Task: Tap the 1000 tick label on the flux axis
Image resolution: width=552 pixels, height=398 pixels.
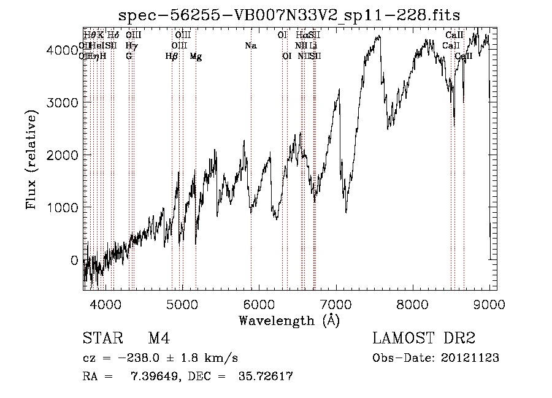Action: coord(63,207)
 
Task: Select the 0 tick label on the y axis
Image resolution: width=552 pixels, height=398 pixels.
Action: coord(74,260)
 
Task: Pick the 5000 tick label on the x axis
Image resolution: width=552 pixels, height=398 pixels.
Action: coord(182,303)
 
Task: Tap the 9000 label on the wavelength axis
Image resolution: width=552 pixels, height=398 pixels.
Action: coord(489,303)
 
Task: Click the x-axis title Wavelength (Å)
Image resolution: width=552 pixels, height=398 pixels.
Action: coord(289,320)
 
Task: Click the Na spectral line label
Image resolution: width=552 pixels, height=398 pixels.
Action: coord(250,45)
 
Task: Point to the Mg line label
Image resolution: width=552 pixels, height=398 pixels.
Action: coord(196,56)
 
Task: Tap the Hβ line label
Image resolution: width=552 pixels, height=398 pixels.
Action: coord(172,56)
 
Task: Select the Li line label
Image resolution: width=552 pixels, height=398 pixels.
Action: coord(313,45)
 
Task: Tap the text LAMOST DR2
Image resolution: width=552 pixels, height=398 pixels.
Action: coord(423,339)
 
